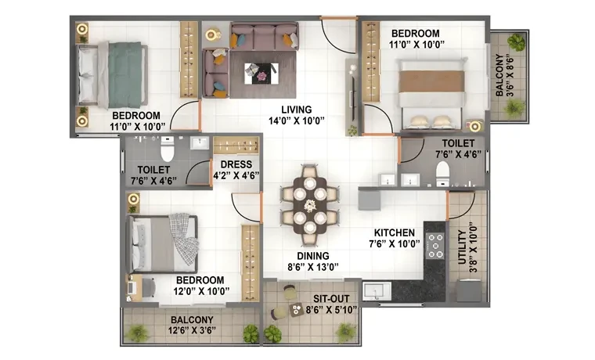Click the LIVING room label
[x=297, y=110]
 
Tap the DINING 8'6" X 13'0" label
[x=312, y=261]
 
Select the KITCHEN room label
[x=395, y=232]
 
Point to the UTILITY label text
[x=462, y=247]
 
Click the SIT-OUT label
[x=331, y=298]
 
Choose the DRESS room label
[x=236, y=164]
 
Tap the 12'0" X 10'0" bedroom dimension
[x=201, y=291]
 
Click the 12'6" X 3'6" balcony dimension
[x=192, y=330]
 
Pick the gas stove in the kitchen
[x=435, y=246]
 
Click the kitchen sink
[x=376, y=291]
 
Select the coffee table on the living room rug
[x=261, y=74]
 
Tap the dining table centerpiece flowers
[x=310, y=206]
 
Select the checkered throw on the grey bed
[x=184, y=239]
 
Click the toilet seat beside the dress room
[x=167, y=149]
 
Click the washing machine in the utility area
[x=469, y=290]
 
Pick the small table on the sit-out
[x=296, y=309]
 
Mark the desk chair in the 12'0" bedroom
[x=149, y=287]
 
